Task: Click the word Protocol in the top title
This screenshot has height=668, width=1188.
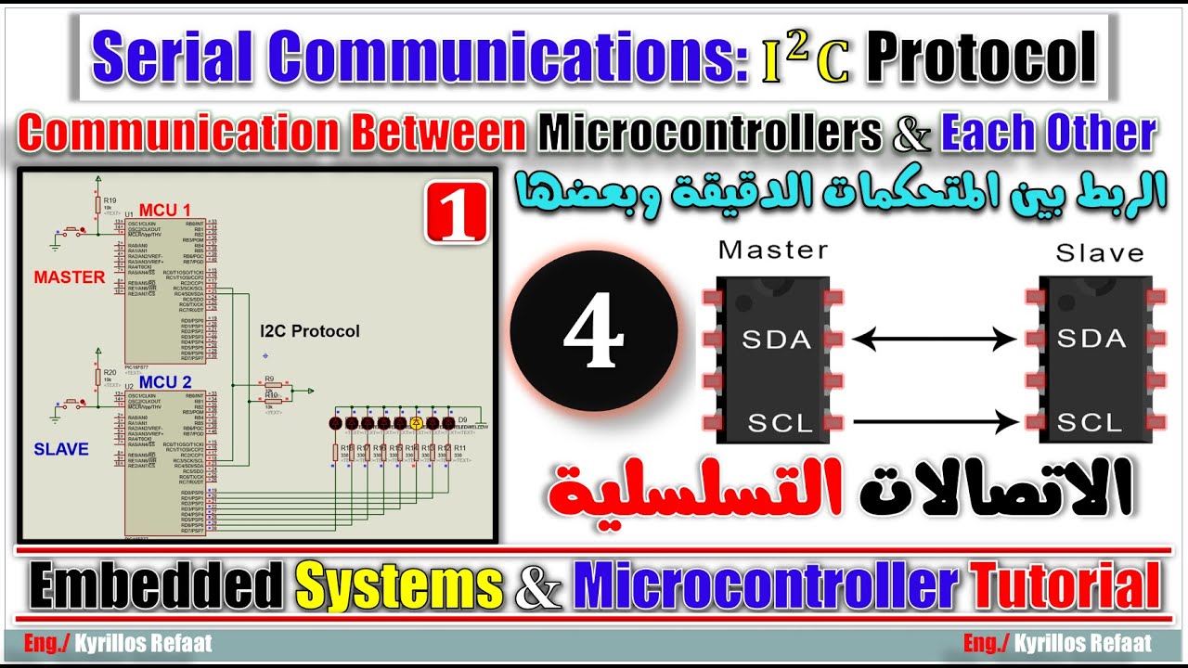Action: pos(981,58)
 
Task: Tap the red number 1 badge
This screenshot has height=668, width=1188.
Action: pos(457,212)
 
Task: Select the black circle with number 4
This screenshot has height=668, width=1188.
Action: pos(593,331)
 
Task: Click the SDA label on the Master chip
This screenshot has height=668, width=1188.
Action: pos(776,340)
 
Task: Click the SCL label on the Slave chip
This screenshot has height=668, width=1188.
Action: pos(1090,423)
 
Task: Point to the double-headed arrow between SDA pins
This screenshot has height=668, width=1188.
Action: pos(934,340)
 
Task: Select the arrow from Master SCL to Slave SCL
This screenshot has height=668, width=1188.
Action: pos(936,423)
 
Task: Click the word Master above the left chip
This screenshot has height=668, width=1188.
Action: pos(773,250)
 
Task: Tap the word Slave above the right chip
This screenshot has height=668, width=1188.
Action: pos(1100,252)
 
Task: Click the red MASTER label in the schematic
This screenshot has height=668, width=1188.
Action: pos(70,276)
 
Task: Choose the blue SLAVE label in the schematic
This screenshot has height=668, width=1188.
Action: pos(61,449)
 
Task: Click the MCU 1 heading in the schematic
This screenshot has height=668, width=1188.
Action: pos(164,210)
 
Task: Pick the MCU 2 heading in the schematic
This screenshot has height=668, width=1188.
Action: pos(165,382)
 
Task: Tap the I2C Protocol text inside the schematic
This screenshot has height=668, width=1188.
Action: pos(309,331)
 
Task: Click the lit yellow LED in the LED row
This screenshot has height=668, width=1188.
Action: pos(417,423)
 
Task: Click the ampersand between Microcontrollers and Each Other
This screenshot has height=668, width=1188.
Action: pos(910,135)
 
